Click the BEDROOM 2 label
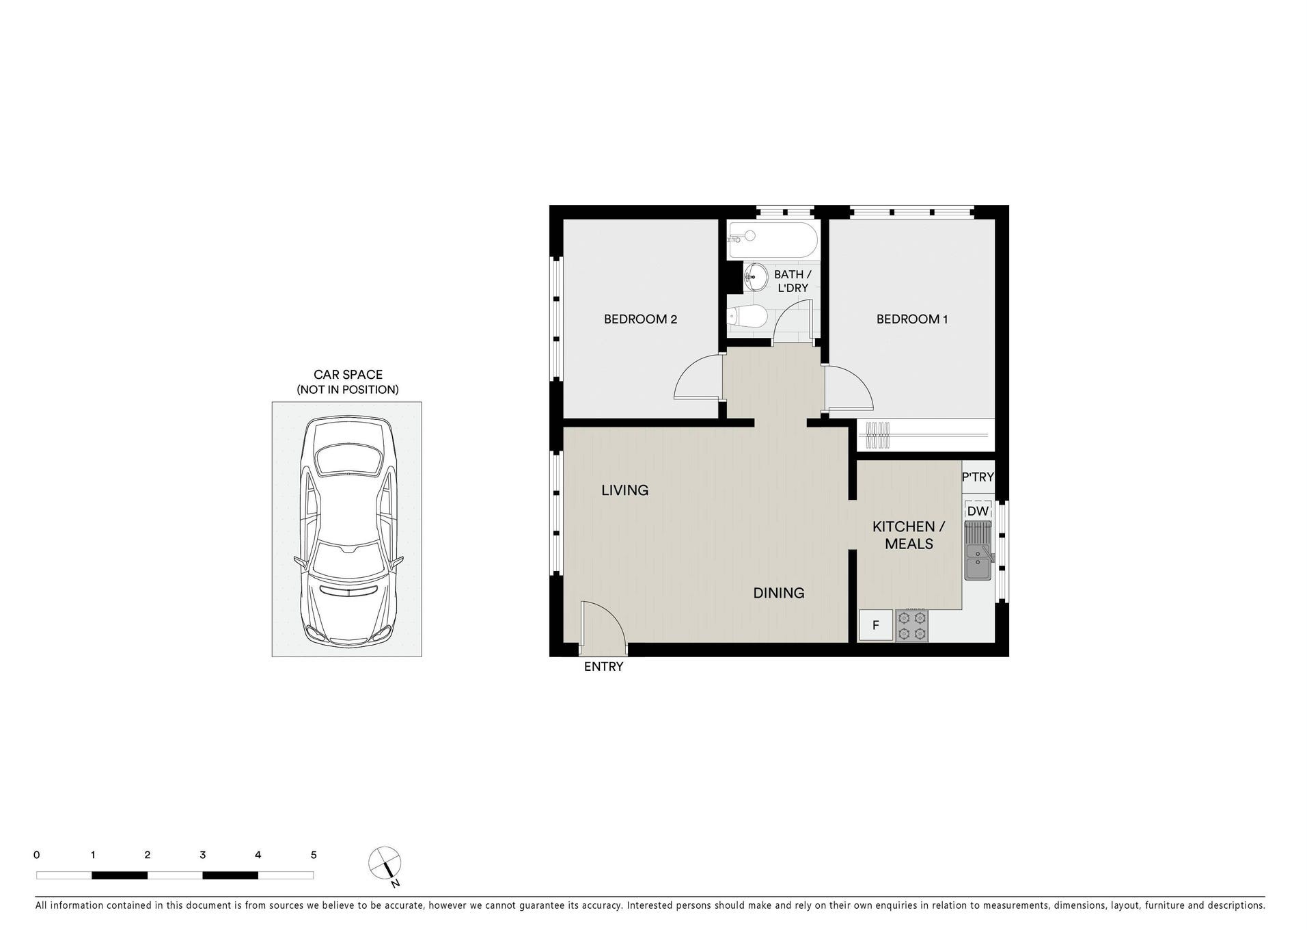click(639, 319)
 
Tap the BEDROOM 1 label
click(911, 319)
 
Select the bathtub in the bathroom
click(772, 240)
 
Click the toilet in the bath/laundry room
click(747, 317)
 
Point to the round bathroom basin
click(755, 277)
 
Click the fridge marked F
click(875, 625)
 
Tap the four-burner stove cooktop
click(911, 626)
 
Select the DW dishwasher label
click(978, 511)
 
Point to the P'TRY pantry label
click(978, 477)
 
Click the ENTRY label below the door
click(603, 667)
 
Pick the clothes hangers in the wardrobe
click(878, 435)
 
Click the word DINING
click(778, 593)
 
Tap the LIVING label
click(624, 490)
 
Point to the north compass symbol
click(385, 863)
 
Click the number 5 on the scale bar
click(314, 855)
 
